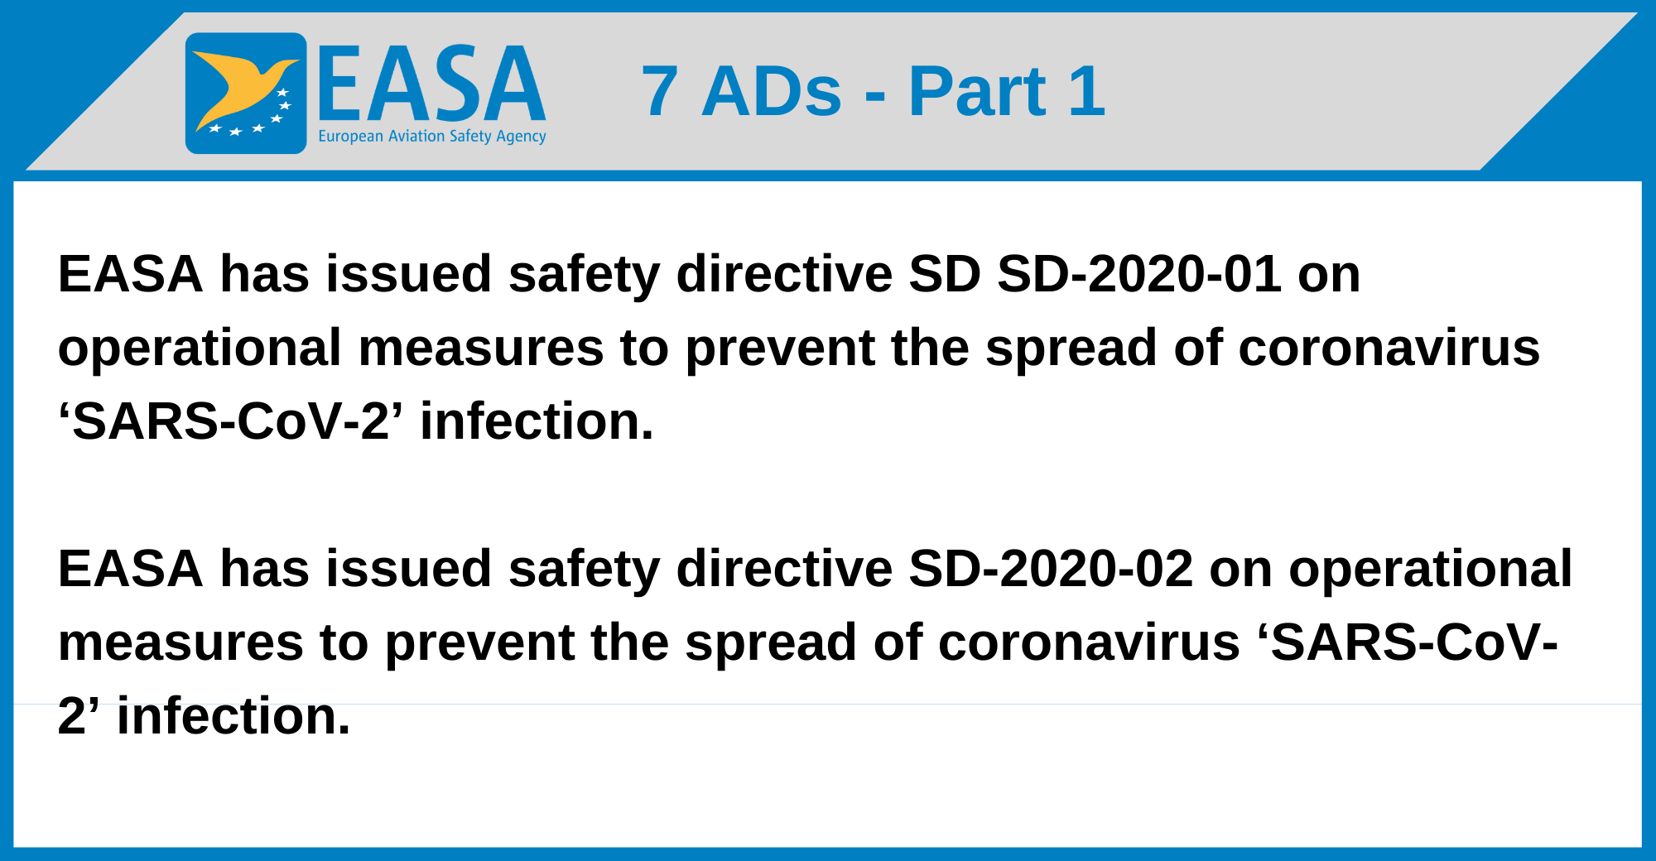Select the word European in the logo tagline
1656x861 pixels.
coord(350,137)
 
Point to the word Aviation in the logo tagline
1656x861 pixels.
coord(416,136)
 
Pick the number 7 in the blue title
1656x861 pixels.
coord(659,92)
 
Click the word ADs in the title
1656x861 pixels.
coord(771,92)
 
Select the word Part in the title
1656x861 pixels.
coord(977,92)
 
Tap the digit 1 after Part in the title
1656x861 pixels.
coord(1087,92)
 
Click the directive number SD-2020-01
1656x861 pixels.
coord(1139,274)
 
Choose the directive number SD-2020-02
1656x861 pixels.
coord(1051,569)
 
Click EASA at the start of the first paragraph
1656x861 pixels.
coord(130,274)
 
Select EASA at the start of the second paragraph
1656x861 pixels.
coord(130,569)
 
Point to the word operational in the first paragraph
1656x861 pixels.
coord(200,349)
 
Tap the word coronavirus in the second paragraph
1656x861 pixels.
coord(1089,642)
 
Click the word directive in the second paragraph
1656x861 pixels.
coord(784,569)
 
